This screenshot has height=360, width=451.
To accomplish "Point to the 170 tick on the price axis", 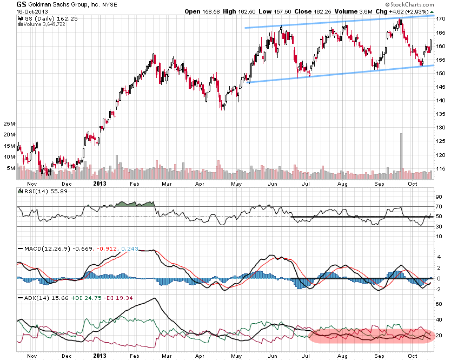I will point(441,19).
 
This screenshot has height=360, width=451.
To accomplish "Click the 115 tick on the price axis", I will point(441,169).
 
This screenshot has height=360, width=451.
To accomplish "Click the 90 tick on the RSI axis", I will point(439,197).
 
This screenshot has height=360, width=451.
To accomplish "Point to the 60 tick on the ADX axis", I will point(439,304).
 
